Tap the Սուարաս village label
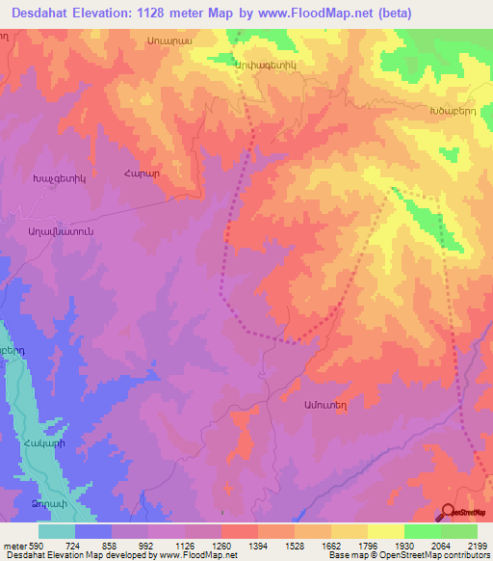pos(170,41)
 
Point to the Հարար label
pos(141,173)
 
